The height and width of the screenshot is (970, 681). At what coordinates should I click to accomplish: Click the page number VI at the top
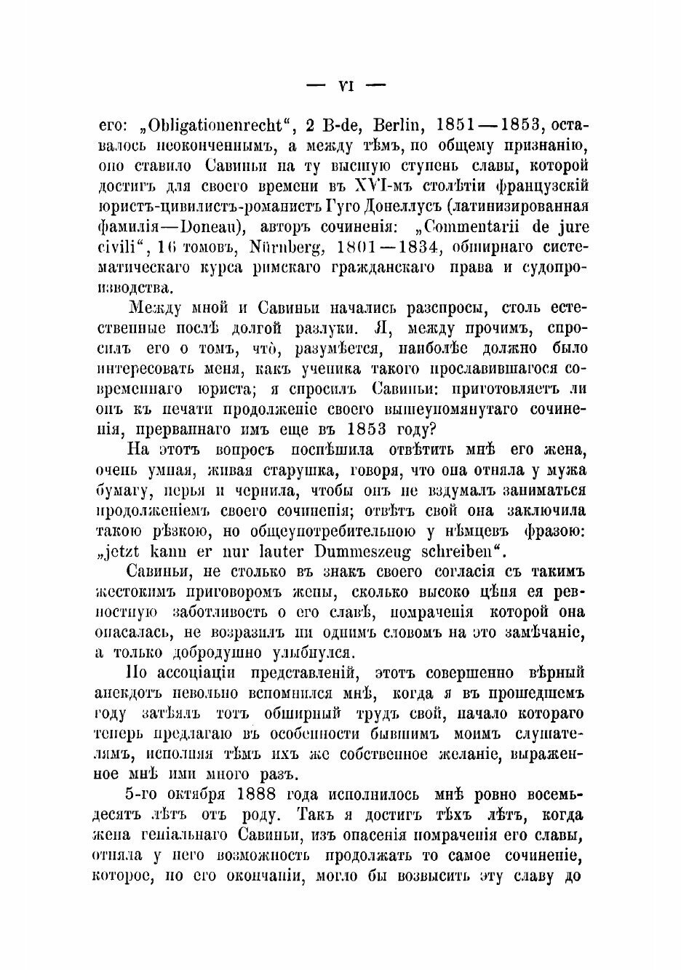346,86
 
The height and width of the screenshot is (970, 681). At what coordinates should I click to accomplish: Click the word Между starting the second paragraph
156,307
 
